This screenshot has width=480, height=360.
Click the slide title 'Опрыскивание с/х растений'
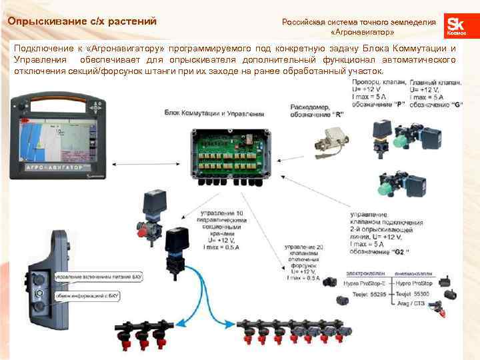click(x=82, y=22)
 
